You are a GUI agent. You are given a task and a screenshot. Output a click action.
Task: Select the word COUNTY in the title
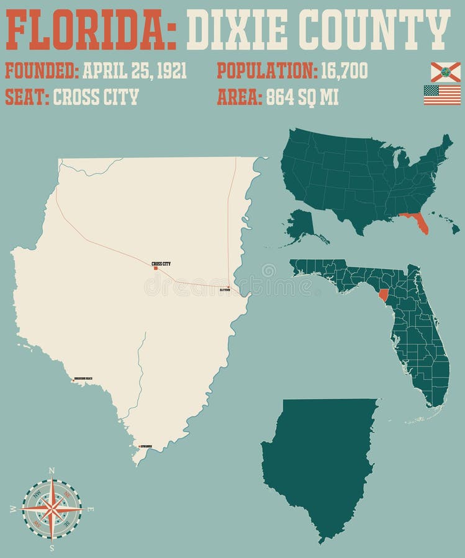point(379,30)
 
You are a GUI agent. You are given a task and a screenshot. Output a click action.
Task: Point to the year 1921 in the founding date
point(172,71)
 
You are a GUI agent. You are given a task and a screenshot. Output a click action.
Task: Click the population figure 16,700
point(344,71)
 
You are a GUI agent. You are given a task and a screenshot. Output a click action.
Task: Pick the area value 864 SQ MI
point(302,97)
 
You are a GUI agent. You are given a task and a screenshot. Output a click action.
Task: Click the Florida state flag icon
point(445,72)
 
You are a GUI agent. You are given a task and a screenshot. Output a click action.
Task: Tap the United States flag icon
point(442,95)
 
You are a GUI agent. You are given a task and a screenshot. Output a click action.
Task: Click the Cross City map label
point(161,263)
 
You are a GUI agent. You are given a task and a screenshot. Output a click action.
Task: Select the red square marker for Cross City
point(156,268)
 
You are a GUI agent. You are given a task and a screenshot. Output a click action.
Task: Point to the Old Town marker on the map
point(228,287)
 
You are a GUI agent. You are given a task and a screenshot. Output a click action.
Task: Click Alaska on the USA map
point(302,223)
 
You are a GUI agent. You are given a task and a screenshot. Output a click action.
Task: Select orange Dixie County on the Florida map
point(383,293)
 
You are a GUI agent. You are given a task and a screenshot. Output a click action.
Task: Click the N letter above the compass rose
point(52,471)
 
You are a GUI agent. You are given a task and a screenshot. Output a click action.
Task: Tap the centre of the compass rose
point(52,509)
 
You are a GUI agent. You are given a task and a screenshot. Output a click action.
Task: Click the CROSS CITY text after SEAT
point(96,97)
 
